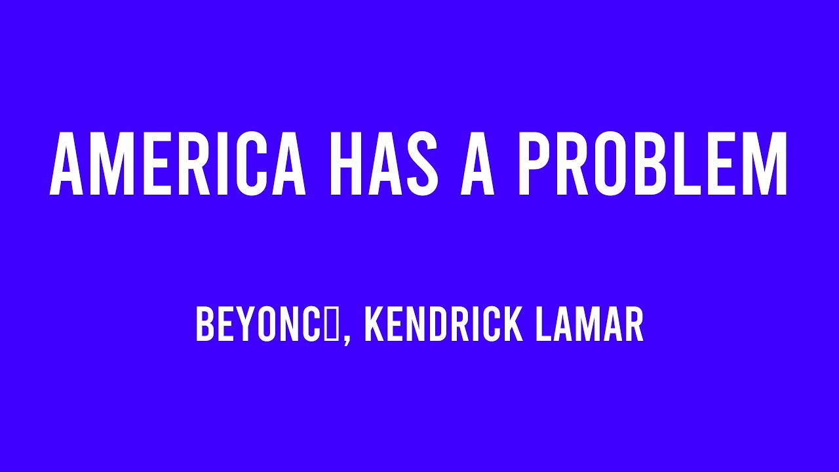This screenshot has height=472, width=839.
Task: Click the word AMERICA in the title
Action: coord(178,165)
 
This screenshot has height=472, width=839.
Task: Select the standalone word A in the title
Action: coord(477,165)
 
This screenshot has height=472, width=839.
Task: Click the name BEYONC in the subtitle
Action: coord(260,325)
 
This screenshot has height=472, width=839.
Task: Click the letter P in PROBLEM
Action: coord(535,165)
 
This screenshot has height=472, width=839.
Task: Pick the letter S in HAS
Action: coord(421,165)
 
